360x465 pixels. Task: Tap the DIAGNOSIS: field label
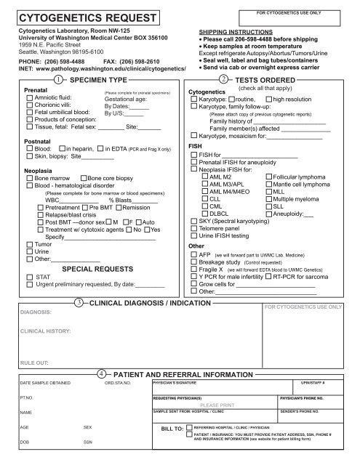coord(36,310)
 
